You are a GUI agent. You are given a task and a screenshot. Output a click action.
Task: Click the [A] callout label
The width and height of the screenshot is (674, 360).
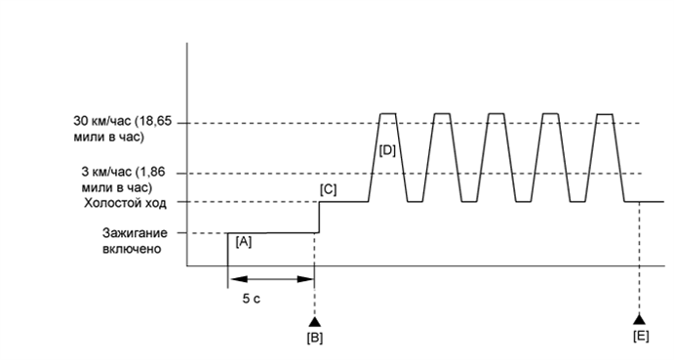click(244, 242)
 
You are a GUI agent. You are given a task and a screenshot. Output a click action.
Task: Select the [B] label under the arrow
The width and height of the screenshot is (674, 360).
click(314, 338)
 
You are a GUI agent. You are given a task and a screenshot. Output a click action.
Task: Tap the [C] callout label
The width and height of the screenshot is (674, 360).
click(329, 188)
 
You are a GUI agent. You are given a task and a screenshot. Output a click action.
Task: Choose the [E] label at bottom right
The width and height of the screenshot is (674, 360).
click(639, 338)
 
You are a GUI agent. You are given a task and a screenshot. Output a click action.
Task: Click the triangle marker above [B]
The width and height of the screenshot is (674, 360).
click(314, 319)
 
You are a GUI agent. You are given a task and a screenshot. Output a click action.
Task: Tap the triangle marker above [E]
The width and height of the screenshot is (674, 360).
click(639, 319)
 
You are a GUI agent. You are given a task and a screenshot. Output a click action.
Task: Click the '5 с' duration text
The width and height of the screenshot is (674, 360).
click(251, 300)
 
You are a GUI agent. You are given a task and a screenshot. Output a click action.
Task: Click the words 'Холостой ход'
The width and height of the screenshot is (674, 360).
click(128, 203)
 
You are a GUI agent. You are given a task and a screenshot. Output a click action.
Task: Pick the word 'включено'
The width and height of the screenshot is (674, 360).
click(132, 249)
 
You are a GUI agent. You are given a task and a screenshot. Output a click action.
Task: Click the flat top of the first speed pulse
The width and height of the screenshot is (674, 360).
click(387, 114)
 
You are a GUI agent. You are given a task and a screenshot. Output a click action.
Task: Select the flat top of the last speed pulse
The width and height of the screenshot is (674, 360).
click(605, 114)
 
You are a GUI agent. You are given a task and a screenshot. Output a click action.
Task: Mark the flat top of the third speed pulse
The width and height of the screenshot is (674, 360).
click(496, 114)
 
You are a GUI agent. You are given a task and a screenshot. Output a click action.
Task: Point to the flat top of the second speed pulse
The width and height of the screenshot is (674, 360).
click(442, 114)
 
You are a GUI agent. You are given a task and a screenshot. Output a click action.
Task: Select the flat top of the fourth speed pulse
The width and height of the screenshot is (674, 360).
click(551, 114)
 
